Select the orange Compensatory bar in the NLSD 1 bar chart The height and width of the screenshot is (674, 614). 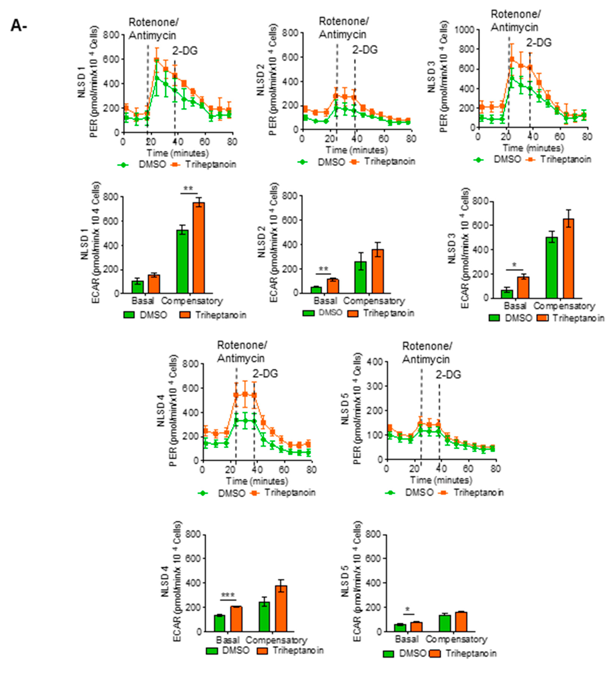(x=199, y=247)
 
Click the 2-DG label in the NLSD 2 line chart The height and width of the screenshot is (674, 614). (x=365, y=50)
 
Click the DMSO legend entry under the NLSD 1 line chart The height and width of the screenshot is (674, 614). (x=152, y=165)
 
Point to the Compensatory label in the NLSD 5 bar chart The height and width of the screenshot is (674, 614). (x=456, y=639)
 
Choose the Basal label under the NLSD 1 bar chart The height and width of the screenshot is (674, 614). (x=143, y=301)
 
